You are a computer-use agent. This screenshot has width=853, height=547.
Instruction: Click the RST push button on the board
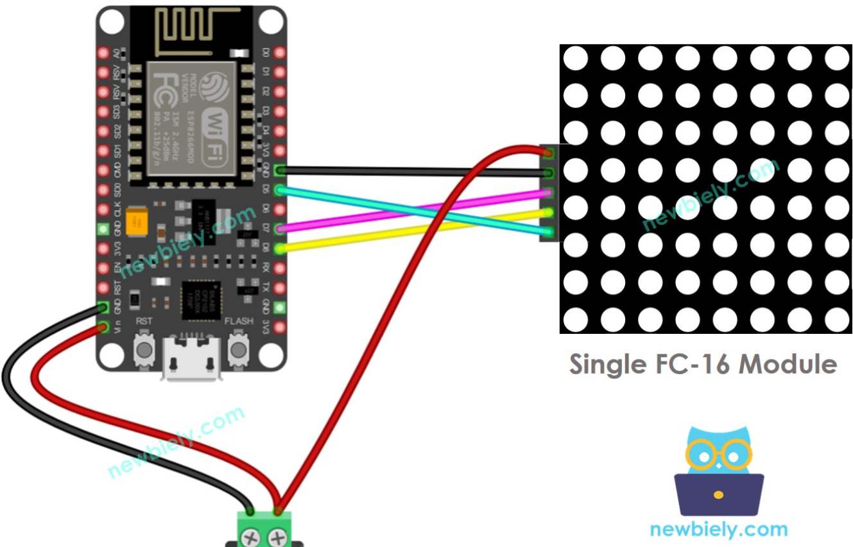144,349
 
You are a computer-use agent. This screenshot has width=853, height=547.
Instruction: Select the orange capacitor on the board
135,221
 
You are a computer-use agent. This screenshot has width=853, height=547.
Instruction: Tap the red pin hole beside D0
279,53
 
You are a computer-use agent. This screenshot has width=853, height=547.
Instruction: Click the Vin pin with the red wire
102,328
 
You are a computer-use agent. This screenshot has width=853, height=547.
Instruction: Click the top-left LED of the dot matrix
575,59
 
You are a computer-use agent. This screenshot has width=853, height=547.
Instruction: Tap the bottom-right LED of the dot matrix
836,319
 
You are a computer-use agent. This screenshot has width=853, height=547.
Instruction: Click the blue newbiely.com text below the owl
718,530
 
